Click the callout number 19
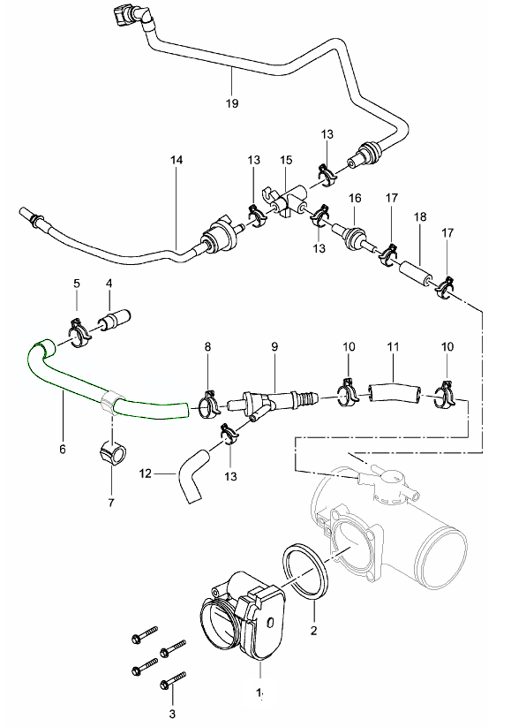[x=232, y=103]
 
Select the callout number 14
[x=176, y=160]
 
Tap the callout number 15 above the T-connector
[x=286, y=160]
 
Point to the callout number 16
[x=355, y=198]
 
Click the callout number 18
[x=420, y=216]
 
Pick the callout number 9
[x=274, y=346]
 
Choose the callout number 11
[x=393, y=346]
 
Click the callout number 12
[x=146, y=473]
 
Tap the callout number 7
[x=111, y=502]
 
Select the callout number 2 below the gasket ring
[x=313, y=631]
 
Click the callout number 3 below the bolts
[x=172, y=714]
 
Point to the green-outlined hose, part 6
[x=74, y=379]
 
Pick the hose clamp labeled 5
[x=79, y=332]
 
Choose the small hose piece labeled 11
[x=394, y=393]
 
